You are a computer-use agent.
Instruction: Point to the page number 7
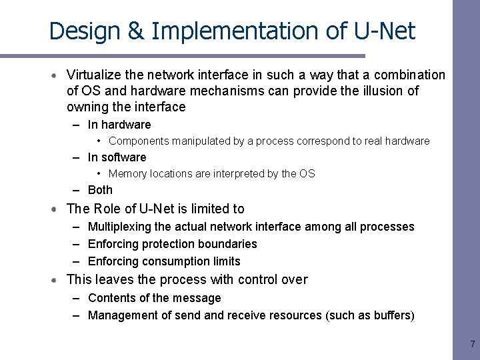click(x=472, y=345)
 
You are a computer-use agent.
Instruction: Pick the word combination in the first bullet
click(x=409, y=75)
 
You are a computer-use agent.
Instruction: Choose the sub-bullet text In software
click(x=117, y=157)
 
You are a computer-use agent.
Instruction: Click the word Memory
click(x=129, y=173)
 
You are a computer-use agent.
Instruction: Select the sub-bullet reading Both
click(x=100, y=190)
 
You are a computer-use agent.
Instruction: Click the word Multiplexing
click(x=120, y=227)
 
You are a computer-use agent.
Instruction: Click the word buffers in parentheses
click(x=390, y=315)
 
